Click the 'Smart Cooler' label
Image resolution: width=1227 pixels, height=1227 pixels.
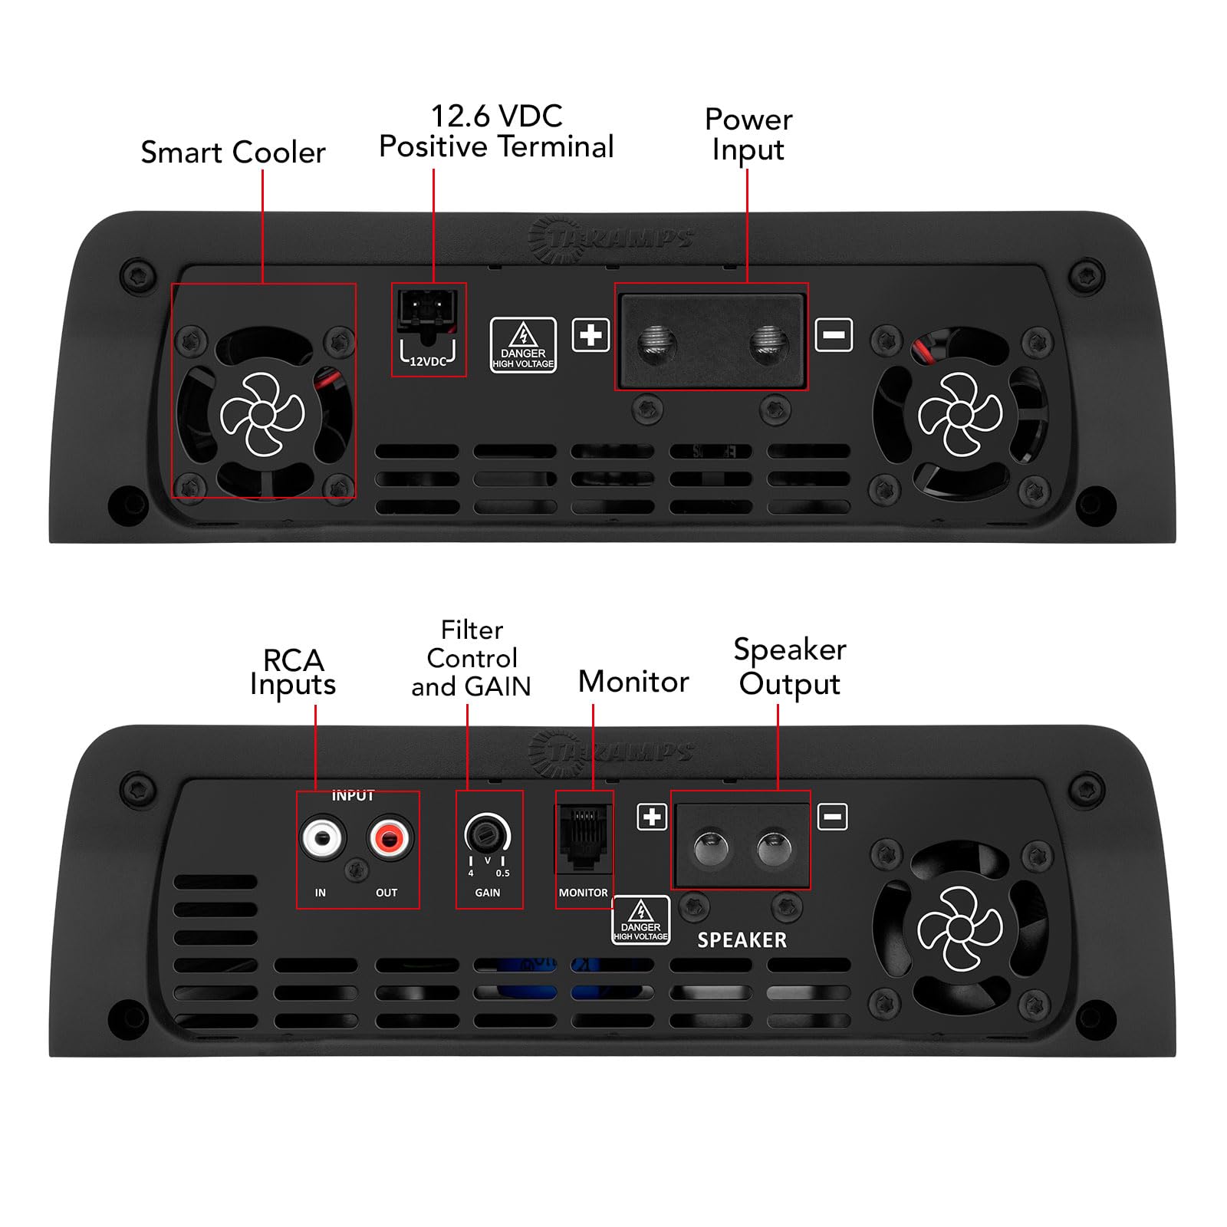(x=233, y=153)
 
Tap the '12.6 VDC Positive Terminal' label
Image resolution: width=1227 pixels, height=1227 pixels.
(x=496, y=132)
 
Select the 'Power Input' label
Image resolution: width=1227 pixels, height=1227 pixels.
(x=748, y=135)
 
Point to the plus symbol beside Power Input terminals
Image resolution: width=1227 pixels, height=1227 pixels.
(x=590, y=335)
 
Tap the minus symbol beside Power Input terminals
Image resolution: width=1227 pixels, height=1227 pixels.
(x=834, y=335)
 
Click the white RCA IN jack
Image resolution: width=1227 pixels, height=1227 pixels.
(x=321, y=837)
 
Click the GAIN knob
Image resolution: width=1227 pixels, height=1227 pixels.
(x=486, y=834)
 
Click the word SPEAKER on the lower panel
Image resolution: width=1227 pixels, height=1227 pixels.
(x=742, y=940)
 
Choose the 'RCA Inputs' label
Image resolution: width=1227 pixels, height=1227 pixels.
(x=293, y=672)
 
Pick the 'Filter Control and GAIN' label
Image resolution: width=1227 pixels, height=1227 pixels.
(x=471, y=658)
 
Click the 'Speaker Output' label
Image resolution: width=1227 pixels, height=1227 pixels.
(x=789, y=666)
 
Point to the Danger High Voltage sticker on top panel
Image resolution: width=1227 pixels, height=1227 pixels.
(x=523, y=345)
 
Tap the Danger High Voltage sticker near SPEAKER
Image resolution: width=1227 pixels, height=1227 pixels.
(x=640, y=919)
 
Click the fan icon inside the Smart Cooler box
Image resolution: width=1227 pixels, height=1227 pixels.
(x=262, y=414)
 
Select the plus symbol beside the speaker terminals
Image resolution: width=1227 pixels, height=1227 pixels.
(x=652, y=817)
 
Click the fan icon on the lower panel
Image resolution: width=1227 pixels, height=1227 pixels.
(x=960, y=928)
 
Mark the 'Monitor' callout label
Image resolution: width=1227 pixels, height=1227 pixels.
(x=633, y=682)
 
